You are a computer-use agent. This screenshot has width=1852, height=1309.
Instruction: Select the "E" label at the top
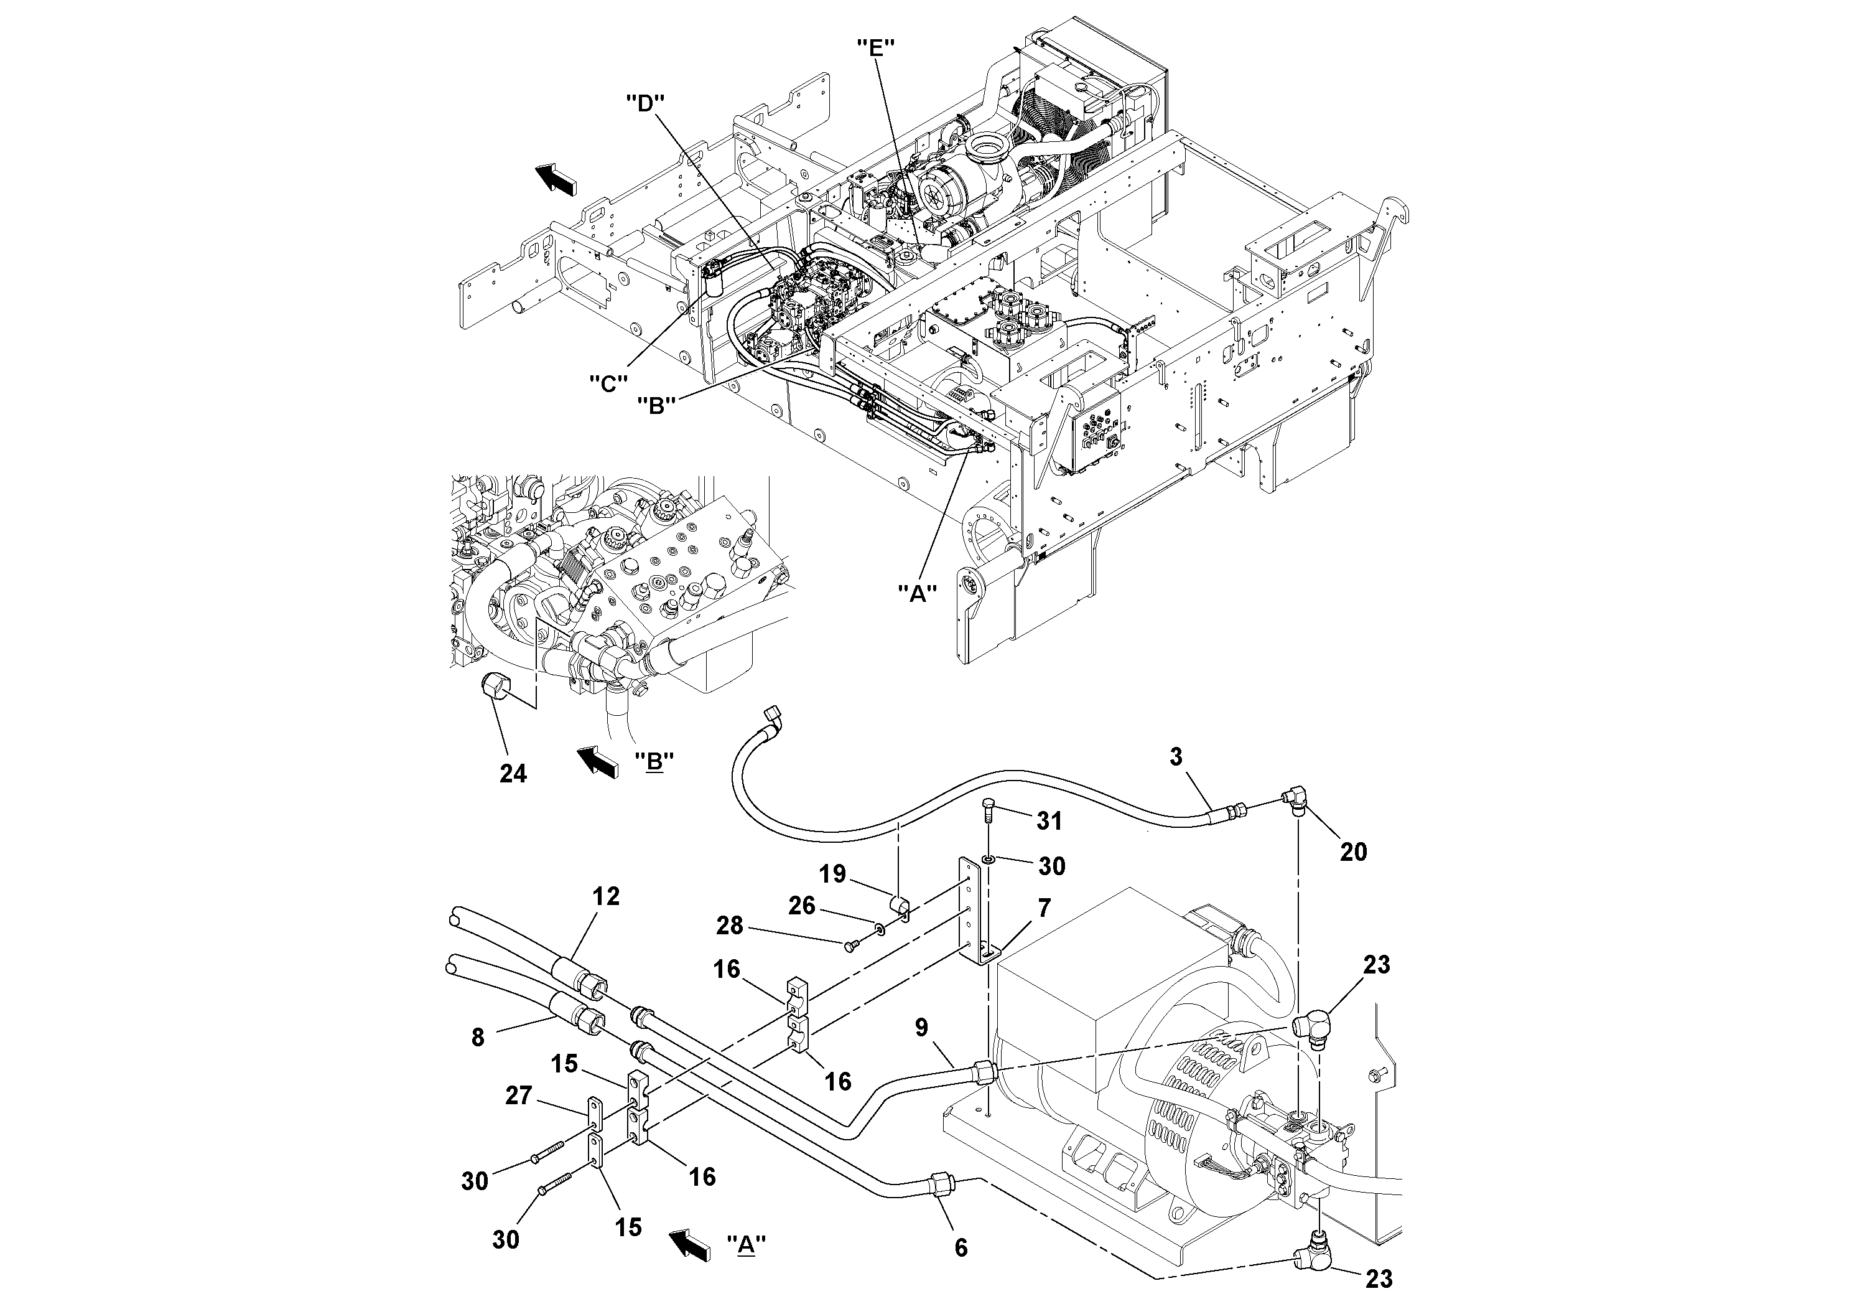pos(876,47)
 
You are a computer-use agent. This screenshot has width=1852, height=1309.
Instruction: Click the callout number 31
pos(1049,821)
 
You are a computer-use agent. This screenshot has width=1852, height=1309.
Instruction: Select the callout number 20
pos(1354,852)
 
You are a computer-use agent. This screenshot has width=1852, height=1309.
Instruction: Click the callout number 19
pos(832,874)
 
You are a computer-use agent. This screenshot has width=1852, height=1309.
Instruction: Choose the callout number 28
pos(730,925)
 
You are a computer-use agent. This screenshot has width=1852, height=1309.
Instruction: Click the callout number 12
pos(606,896)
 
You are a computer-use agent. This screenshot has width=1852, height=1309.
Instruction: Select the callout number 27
pos(519,1095)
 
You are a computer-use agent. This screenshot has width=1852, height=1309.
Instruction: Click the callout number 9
pos(921,1028)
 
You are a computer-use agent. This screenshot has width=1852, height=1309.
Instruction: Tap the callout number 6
pos(961,1247)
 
